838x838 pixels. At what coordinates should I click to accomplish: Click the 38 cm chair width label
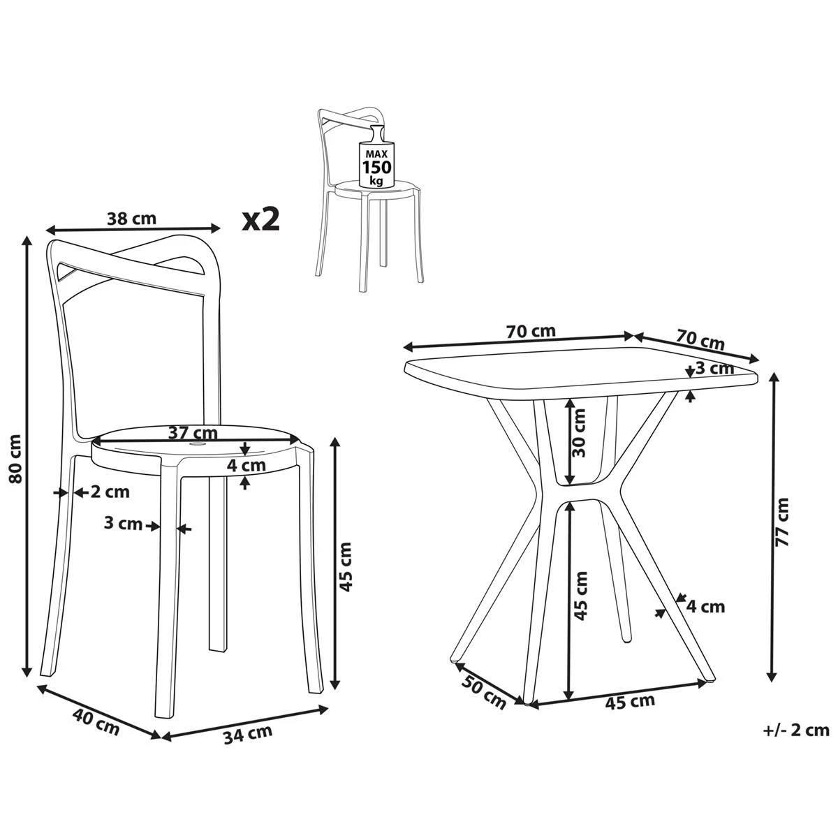[x=132, y=218]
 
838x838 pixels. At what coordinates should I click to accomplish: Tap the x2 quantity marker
[x=260, y=219]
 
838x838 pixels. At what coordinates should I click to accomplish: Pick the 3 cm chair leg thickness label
[x=123, y=524]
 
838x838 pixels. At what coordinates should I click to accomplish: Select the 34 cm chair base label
[x=248, y=733]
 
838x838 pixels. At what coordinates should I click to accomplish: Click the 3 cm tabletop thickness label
[x=714, y=368]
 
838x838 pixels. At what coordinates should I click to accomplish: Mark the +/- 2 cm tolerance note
[x=796, y=730]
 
